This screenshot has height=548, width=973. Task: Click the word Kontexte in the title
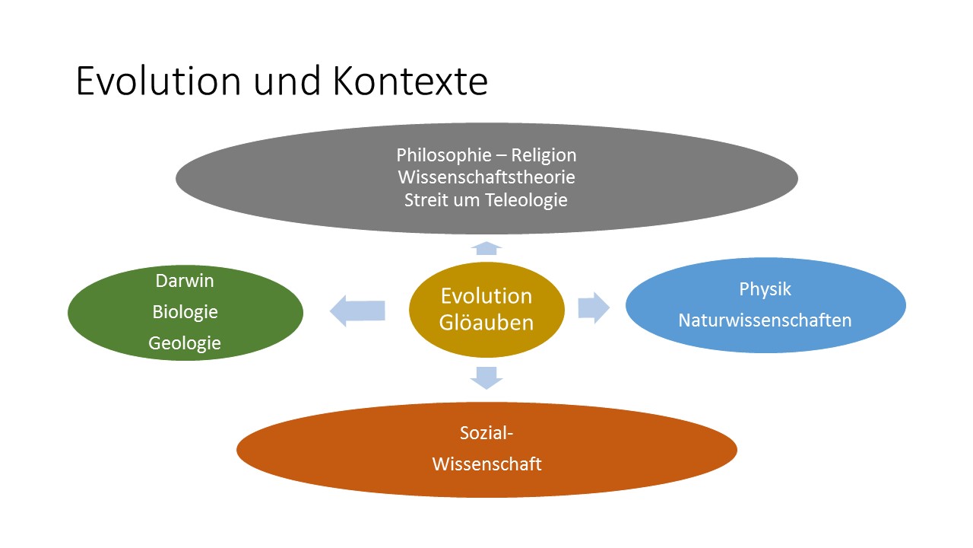tap(410, 81)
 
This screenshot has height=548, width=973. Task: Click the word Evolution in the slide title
tap(158, 81)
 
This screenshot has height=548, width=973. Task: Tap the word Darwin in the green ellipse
tap(185, 281)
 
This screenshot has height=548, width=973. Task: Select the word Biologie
tap(185, 312)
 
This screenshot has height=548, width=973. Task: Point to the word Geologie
tap(185, 343)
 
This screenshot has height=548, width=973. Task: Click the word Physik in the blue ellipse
tap(765, 289)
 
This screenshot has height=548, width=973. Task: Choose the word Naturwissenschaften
tap(765, 320)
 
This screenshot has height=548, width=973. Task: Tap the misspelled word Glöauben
tap(486, 322)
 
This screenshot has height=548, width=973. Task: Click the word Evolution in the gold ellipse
tap(486, 296)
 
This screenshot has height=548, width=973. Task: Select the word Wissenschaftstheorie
tap(486, 178)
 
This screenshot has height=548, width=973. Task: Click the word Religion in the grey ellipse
tap(544, 155)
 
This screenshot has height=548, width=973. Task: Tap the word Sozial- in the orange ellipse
tap(486, 434)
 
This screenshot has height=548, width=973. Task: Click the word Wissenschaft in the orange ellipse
tap(486, 464)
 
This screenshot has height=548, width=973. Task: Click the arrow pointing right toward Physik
tap(594, 307)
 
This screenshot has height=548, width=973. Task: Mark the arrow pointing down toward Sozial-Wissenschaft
tap(486, 377)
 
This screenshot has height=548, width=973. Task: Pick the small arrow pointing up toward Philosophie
tap(486, 247)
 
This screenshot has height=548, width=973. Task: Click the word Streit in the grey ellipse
tap(426, 201)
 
